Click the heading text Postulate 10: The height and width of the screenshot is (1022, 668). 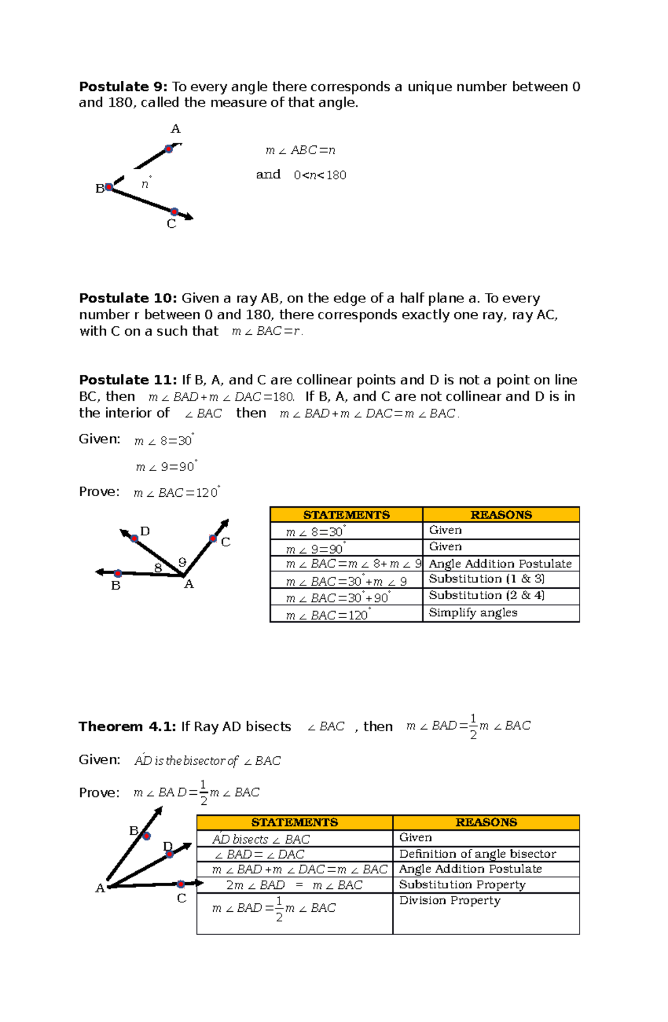(x=127, y=299)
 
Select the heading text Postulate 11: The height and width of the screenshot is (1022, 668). (x=127, y=380)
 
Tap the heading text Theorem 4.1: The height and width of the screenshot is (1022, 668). (x=127, y=727)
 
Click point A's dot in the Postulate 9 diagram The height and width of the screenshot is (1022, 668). (x=169, y=149)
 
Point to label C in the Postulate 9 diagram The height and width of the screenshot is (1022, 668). (x=171, y=224)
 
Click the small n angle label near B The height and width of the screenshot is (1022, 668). (x=145, y=184)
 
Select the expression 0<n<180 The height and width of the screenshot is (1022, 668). (x=320, y=175)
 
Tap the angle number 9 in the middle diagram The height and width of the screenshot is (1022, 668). (x=182, y=563)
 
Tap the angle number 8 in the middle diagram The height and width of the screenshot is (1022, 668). (x=158, y=568)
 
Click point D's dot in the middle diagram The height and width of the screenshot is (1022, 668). (x=134, y=538)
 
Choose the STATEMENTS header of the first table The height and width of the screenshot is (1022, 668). (x=346, y=515)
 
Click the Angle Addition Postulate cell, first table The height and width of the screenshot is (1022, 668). (x=500, y=564)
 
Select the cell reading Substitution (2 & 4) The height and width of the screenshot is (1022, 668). (x=487, y=595)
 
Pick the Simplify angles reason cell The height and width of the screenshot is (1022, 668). (x=473, y=613)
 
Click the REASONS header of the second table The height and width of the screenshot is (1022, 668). (x=486, y=823)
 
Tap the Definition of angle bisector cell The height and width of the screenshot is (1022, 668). (x=477, y=854)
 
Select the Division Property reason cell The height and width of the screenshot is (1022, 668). (x=450, y=901)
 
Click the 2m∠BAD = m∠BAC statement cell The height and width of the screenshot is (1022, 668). (x=294, y=885)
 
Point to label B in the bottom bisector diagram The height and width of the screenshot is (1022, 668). (x=134, y=831)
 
